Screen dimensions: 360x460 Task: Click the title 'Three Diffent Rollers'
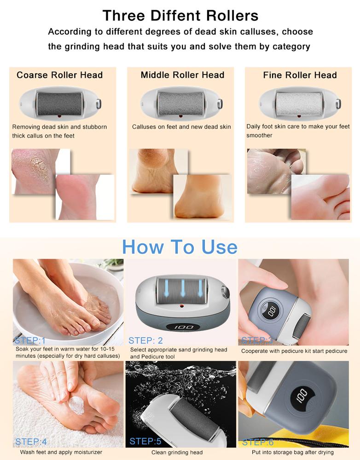(x=180, y=16)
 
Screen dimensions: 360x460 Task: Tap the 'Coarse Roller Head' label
(x=59, y=75)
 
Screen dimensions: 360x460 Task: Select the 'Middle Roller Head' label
(x=182, y=75)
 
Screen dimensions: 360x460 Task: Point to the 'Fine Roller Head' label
(x=300, y=75)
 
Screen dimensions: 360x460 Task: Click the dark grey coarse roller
(x=59, y=104)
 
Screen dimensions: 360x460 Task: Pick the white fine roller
(x=299, y=104)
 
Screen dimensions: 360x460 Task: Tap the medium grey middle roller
(x=180, y=104)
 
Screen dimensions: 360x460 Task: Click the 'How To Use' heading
(x=180, y=247)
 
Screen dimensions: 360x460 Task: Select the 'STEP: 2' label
(x=145, y=340)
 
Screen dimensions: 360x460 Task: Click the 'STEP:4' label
(x=31, y=442)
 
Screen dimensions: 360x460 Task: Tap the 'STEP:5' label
(x=145, y=441)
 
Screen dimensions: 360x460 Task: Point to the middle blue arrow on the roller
(x=183, y=288)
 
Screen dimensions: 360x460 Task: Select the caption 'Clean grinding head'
(x=177, y=452)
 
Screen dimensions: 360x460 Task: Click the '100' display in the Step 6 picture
(x=302, y=396)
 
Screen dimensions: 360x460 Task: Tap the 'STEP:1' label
(x=30, y=340)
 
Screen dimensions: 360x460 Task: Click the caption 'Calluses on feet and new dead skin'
(x=181, y=127)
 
